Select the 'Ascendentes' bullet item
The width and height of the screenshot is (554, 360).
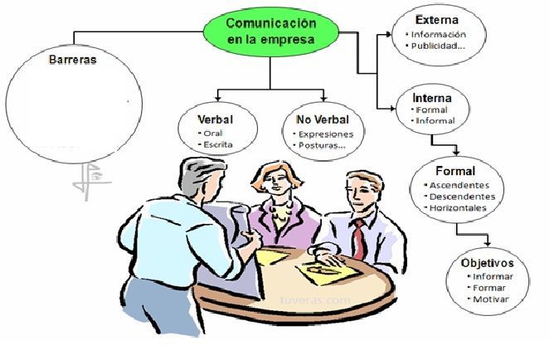pyautogui.click(x=459, y=184)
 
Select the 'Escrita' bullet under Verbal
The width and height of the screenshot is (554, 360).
pyautogui.click(x=216, y=144)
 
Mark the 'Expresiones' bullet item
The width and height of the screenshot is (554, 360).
pyautogui.click(x=326, y=133)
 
